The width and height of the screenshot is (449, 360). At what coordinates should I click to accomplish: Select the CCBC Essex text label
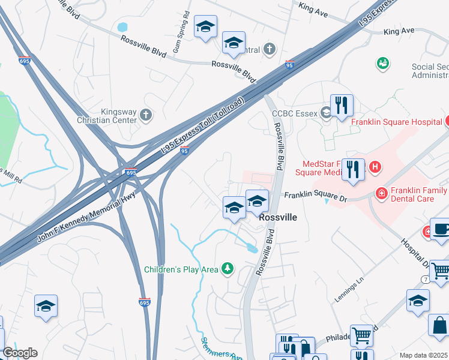coord(294,112)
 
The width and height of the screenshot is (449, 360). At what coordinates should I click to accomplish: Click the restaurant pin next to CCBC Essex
coord(342,105)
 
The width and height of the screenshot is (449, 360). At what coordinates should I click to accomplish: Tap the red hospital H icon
coord(375,166)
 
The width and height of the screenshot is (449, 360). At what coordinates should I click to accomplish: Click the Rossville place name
coord(278,219)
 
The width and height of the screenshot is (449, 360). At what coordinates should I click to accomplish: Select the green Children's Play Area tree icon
coord(228,268)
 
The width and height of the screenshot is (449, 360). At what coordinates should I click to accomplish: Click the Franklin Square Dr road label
coord(315,195)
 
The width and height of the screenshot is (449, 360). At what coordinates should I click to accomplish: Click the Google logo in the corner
coord(20,353)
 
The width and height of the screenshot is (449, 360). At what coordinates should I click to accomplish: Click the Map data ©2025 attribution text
coord(423,355)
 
